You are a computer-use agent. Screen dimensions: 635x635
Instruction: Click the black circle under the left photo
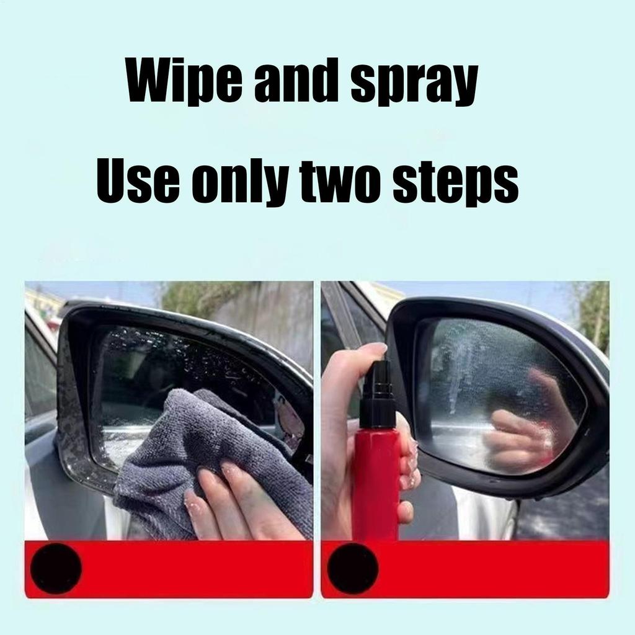pos(56,568)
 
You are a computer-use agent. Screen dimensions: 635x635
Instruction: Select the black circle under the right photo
pos(352,568)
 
